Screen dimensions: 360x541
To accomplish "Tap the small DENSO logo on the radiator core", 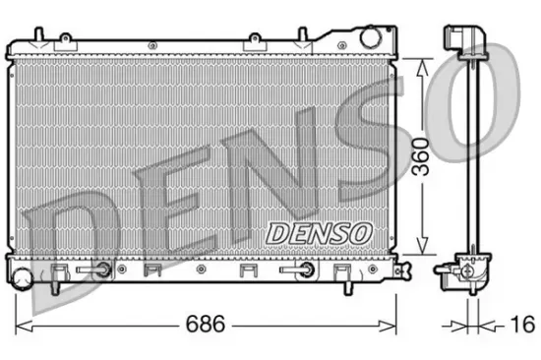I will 318,232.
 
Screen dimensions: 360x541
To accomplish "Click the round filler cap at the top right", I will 372,37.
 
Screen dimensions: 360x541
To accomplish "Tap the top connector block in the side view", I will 461,39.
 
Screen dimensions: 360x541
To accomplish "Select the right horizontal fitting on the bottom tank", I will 296,269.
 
